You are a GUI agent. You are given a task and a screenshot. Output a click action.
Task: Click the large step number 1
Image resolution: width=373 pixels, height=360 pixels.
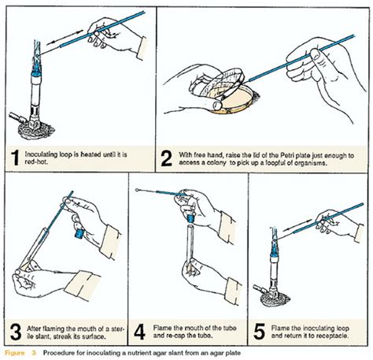pyautogui.click(x=16, y=158)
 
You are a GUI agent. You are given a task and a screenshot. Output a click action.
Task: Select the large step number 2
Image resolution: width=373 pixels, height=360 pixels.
pyautogui.click(x=167, y=158)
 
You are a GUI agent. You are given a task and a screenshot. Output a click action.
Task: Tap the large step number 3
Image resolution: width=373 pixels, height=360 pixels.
pyautogui.click(x=16, y=332)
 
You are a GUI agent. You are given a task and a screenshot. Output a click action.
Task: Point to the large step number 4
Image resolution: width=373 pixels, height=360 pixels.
pyautogui.click(x=139, y=332)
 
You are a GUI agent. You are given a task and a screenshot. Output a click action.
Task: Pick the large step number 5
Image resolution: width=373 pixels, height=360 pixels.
pyautogui.click(x=259, y=332)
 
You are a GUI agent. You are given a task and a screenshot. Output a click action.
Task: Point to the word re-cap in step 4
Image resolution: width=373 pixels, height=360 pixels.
pyautogui.click(x=176, y=336)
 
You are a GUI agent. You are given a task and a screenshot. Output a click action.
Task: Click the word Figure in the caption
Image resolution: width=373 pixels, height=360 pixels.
pyautogui.click(x=15, y=353)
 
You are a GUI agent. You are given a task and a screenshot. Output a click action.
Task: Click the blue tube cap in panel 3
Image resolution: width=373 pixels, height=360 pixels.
pyautogui.click(x=79, y=233)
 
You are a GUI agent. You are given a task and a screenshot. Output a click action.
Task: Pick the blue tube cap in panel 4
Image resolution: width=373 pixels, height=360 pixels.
pyautogui.click(x=190, y=217)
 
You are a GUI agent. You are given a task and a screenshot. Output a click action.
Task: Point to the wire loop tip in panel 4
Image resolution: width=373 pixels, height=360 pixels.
pyautogui.click(x=137, y=190)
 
